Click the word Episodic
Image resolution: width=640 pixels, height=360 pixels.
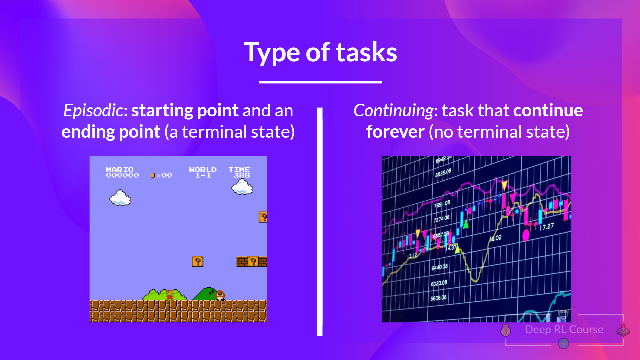pyautogui.click(x=93, y=111)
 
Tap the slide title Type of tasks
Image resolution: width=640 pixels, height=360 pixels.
pyautogui.click(x=320, y=52)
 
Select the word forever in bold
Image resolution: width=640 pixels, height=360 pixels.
pyautogui.click(x=395, y=132)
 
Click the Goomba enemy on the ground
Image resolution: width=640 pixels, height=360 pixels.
pyautogui.click(x=220, y=295)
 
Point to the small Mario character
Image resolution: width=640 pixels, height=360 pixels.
pyautogui.click(x=170, y=295)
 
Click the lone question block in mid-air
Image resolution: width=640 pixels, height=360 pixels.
pyautogui.click(x=198, y=261)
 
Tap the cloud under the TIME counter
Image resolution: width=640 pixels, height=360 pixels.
pyautogui.click(x=242, y=187)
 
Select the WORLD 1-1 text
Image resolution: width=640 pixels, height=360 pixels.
pyautogui.click(x=203, y=172)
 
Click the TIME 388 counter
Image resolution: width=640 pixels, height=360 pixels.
pyautogui.click(x=239, y=172)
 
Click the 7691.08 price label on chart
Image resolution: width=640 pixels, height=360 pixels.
pyautogui.click(x=442, y=204)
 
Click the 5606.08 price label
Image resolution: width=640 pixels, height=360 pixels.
pyautogui.click(x=438, y=298)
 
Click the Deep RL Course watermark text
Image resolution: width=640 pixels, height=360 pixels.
pyautogui.click(x=564, y=330)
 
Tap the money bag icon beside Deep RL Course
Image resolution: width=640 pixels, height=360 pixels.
pyautogui.click(x=506, y=330)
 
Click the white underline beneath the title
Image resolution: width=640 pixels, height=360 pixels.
pyautogui.click(x=320, y=82)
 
